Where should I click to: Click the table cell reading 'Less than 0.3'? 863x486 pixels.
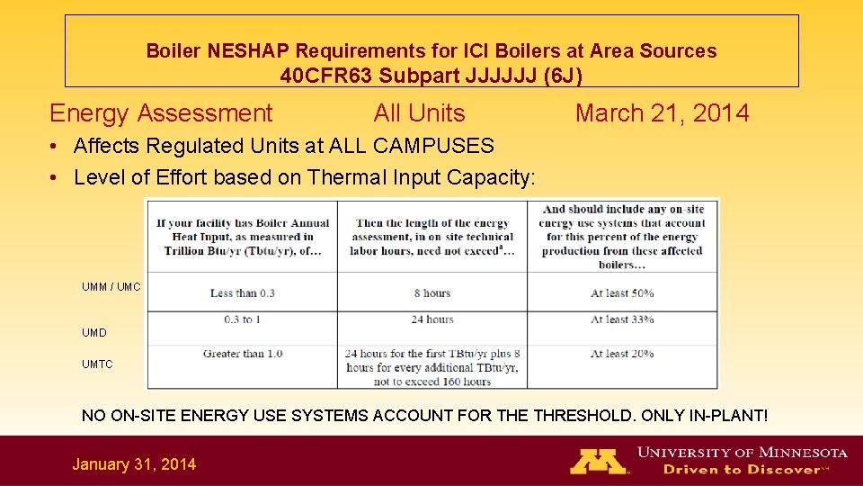pos(242,293)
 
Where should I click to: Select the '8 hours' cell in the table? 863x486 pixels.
pos(431,293)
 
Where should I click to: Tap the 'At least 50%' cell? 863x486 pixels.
pos(621,293)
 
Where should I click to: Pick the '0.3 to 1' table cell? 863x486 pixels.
pos(242,319)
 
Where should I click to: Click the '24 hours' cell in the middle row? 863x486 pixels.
pos(431,319)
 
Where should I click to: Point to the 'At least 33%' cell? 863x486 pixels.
pos(621,319)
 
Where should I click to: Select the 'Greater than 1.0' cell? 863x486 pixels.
pos(242,354)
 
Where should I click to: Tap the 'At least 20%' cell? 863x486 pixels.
pos(621,354)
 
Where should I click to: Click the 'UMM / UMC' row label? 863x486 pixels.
pos(111,287)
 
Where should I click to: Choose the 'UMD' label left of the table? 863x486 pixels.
pos(93,333)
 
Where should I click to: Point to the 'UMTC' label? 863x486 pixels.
pos(97,364)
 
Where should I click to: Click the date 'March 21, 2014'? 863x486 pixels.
pos(662,113)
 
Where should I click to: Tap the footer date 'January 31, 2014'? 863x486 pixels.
pos(134,464)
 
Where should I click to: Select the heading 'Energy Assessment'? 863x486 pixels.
pos(161,113)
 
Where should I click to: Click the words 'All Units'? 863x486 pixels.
pos(419,113)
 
